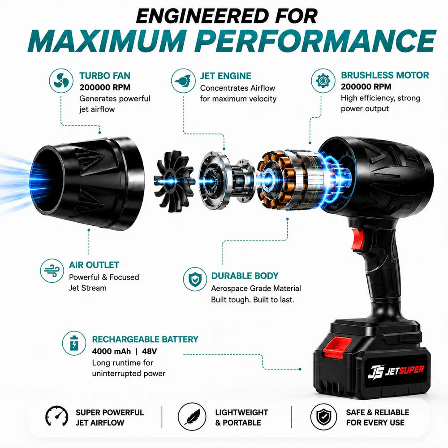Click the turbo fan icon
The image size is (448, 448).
click(61, 81)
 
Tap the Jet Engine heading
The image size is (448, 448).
click(225, 76)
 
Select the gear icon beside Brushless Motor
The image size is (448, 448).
click(323, 81)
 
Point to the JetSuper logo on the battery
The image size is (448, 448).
click(396, 371)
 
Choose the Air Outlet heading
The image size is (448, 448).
click(94, 265)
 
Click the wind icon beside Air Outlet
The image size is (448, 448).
click(52, 271)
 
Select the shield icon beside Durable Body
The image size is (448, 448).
click(195, 279)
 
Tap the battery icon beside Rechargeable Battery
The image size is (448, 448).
click(74, 343)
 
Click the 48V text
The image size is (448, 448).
click(149, 351)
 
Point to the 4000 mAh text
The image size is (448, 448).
click(111, 351)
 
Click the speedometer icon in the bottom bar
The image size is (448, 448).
click(57, 417)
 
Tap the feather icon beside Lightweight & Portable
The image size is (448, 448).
click(192, 417)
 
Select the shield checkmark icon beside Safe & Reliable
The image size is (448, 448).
click(324, 417)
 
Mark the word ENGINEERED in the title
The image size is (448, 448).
click(202, 16)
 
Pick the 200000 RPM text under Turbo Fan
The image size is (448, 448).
click(105, 87)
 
